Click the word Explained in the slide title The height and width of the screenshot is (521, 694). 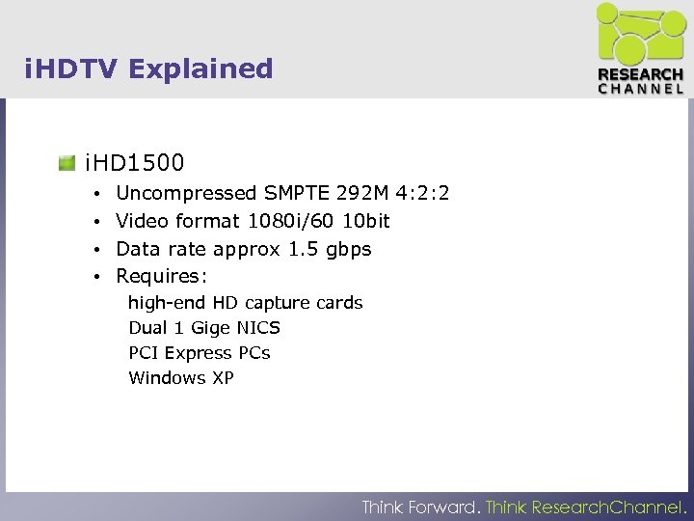(200, 69)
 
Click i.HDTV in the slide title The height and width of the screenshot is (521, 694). (71, 69)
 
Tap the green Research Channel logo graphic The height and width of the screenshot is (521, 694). (639, 35)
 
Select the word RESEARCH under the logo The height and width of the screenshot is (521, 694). (641, 74)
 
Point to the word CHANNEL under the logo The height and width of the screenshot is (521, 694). (641, 88)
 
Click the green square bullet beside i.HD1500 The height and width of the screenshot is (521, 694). (67, 162)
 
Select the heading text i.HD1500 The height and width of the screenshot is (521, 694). (135, 162)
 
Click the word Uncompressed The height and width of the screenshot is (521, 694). (186, 194)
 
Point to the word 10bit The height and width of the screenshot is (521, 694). (366, 221)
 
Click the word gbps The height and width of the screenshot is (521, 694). (348, 250)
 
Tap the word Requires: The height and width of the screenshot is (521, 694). (161, 277)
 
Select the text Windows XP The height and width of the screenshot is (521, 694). (181, 378)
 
